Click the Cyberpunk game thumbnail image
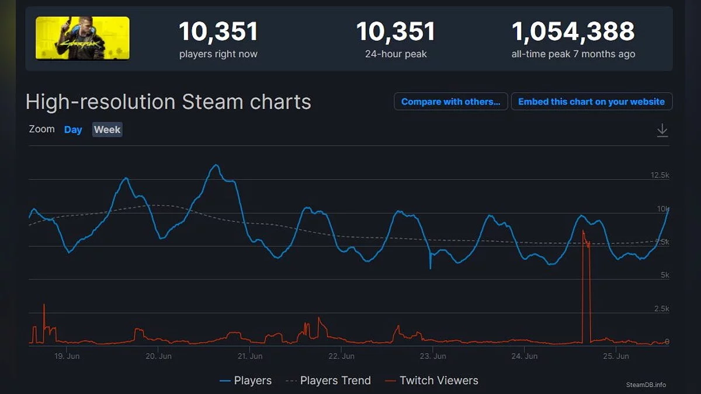pos(82,38)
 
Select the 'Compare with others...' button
pos(450,102)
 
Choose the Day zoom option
pos(73,130)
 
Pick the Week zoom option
pos(107,130)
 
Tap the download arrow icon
pos(662,130)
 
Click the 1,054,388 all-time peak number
pos(573,32)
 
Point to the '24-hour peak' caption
pos(396,54)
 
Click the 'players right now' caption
pos(218,54)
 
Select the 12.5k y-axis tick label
pos(660,175)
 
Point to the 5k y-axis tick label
pos(664,275)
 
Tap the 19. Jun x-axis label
pos(66,356)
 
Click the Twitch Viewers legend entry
pos(432,381)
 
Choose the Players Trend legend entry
pos(328,381)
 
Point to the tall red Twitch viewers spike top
pos(583,232)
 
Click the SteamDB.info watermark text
pos(646,385)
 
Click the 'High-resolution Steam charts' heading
pos(168,102)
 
